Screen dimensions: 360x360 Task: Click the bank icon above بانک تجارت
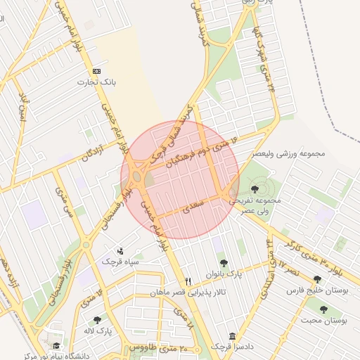96,72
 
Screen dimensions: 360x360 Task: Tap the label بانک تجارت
97,82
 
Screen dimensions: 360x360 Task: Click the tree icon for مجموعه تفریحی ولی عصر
254,188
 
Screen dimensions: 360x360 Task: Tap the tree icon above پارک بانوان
224,263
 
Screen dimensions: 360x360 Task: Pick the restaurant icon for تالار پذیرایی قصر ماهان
187,281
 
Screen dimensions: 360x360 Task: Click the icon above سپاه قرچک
120,250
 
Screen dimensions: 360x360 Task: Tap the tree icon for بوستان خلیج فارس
316,279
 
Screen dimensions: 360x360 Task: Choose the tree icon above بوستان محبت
323,309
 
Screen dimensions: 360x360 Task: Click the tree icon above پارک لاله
97,320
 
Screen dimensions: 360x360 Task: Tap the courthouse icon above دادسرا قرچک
233,337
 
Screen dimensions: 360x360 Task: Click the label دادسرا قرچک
231,347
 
